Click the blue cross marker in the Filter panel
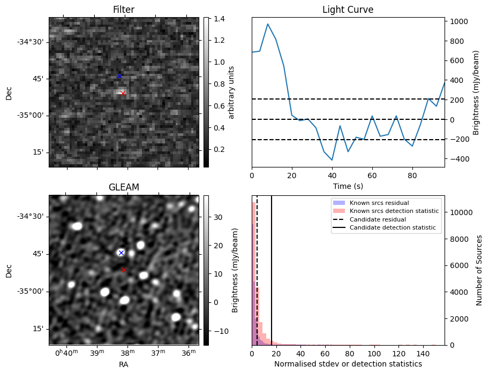point(119,76)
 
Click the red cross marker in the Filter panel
point(123,93)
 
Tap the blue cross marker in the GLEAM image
point(121,253)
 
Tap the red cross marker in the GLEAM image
point(124,270)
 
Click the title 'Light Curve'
point(348,10)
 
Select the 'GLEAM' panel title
point(124,187)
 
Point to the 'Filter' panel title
point(124,10)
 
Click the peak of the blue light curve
point(268,24)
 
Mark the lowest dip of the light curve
point(332,160)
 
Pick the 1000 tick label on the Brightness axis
point(458,21)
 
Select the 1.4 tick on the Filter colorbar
point(219,19)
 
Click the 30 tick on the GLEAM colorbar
point(219,218)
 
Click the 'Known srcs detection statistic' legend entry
point(394,211)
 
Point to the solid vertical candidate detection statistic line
point(272,278)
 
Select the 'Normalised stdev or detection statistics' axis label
point(348,364)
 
